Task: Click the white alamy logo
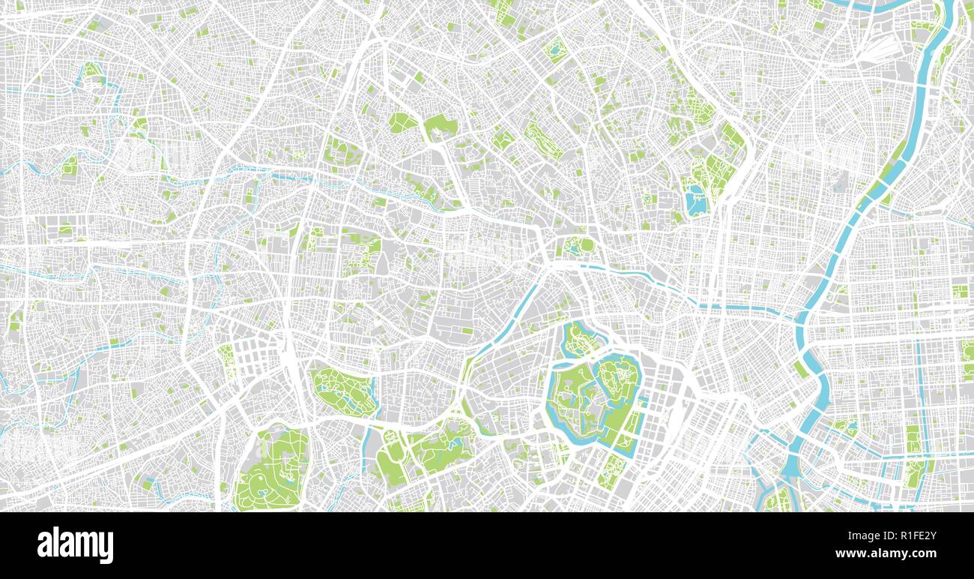click(75, 545)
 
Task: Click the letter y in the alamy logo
click(107, 547)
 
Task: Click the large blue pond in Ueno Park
click(695, 201)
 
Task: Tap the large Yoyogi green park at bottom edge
click(272, 469)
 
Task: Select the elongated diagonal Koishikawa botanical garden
click(542, 139)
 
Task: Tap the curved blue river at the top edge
click(877, 5)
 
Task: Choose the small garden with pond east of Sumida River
click(845, 427)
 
